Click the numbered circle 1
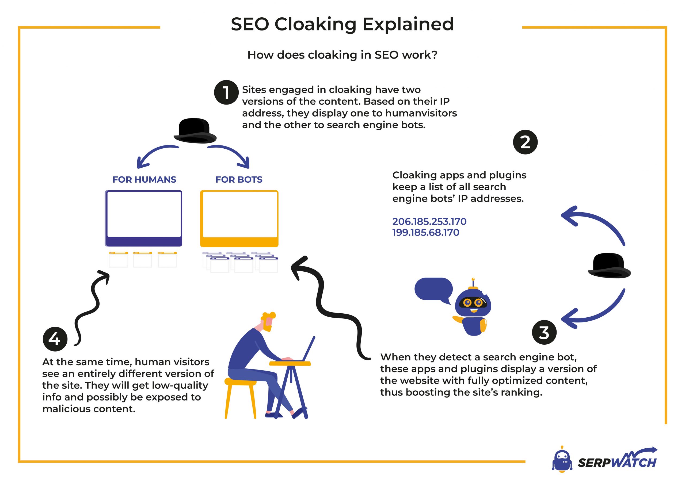tap(226, 93)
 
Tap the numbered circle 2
tap(525, 142)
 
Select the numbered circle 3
tap(544, 332)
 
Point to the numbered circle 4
tap(55, 339)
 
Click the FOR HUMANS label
tap(144, 179)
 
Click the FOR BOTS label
tap(239, 179)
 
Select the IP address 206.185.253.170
tap(429, 222)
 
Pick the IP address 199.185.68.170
tap(425, 232)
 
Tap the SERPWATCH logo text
tap(616, 462)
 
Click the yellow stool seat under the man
tap(240, 382)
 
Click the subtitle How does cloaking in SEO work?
tap(342, 55)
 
